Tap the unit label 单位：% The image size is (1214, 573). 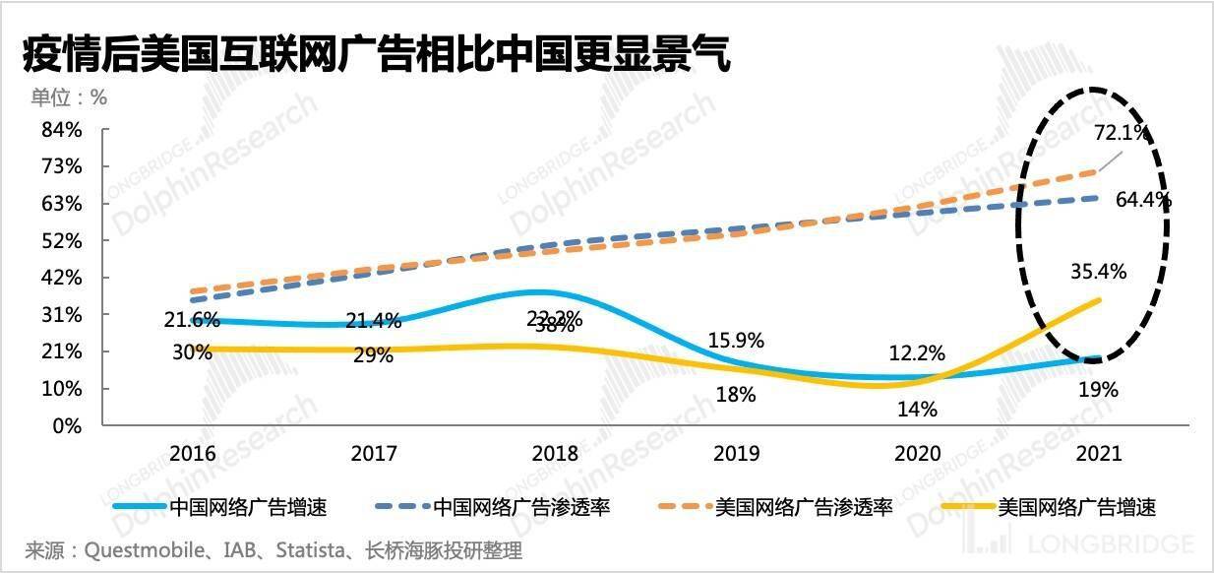tap(68, 97)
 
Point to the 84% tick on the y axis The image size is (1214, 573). tap(62, 130)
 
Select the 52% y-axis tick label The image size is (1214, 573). tap(62, 241)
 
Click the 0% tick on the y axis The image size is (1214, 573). tap(67, 425)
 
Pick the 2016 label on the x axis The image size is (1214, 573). tap(192, 454)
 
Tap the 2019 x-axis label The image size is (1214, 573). tap(736, 454)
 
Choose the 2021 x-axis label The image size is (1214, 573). tap(1099, 454)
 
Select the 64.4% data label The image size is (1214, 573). tap(1143, 200)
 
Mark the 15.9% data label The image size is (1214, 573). tap(736, 340)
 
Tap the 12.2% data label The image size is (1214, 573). tap(917, 352)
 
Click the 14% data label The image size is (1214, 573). tap(917, 409)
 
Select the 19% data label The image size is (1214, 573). tap(1099, 390)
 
